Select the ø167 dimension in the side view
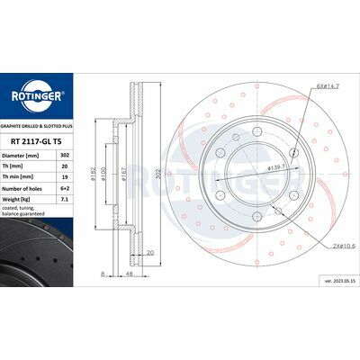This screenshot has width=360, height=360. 133,174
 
